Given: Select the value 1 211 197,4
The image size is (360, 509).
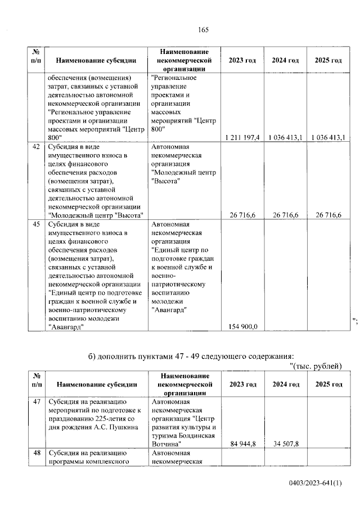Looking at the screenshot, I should click(x=242, y=137).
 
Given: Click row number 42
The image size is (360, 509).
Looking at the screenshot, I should click(x=36, y=147).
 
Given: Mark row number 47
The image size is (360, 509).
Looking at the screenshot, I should click(x=36, y=402).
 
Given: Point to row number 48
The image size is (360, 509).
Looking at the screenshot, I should click(x=36, y=453).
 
